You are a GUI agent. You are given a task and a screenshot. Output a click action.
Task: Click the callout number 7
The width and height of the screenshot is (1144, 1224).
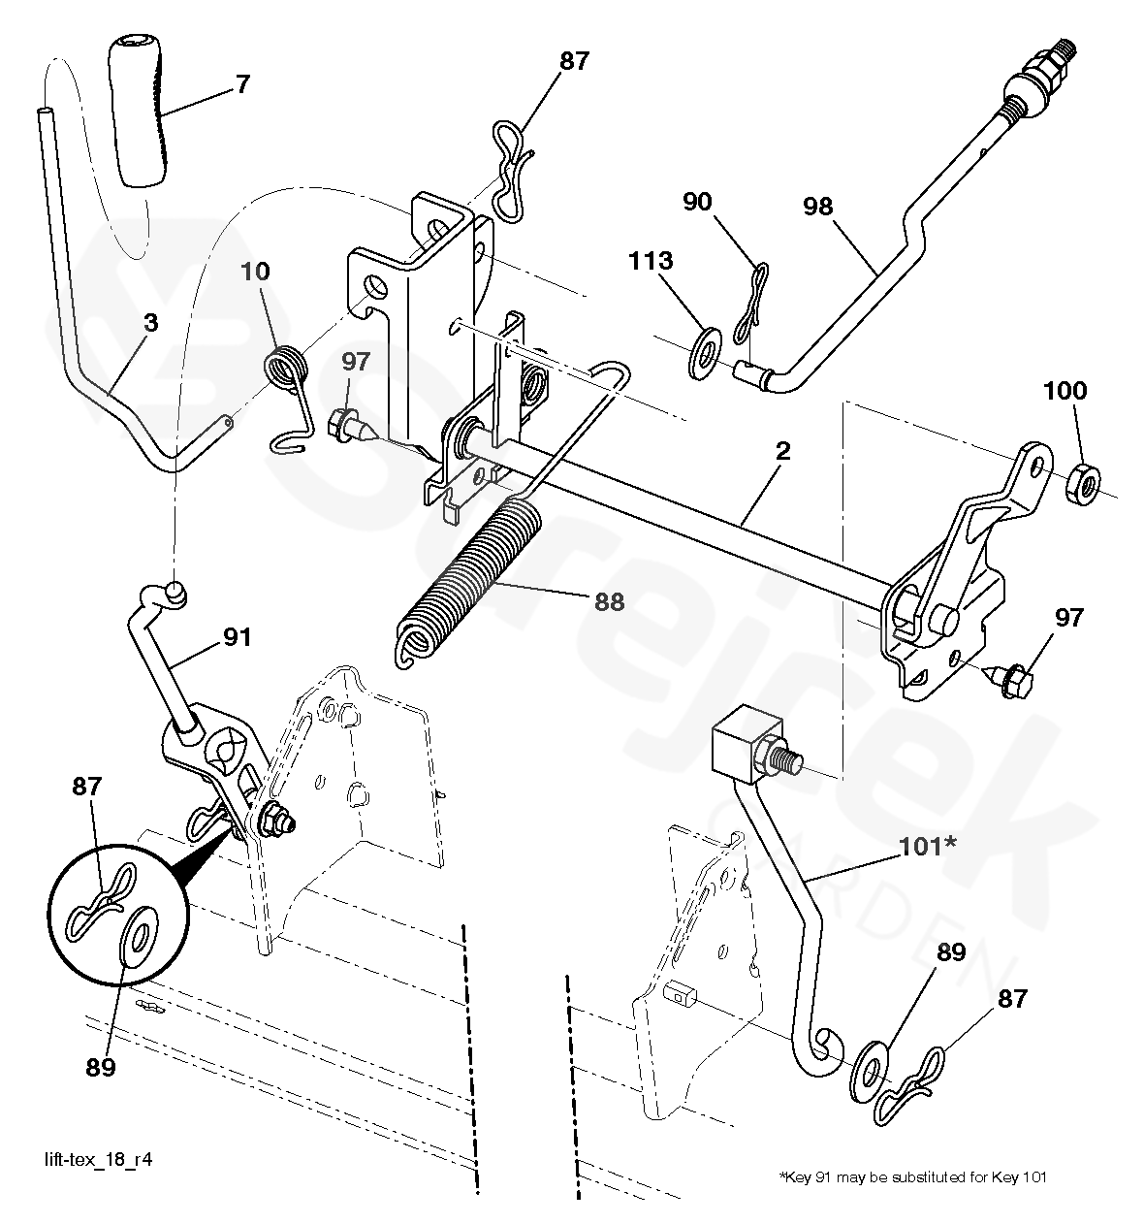(x=241, y=84)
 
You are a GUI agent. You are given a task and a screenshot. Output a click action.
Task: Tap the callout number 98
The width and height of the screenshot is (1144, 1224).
(x=817, y=207)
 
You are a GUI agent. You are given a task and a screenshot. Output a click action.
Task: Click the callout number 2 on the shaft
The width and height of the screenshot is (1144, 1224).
(x=782, y=450)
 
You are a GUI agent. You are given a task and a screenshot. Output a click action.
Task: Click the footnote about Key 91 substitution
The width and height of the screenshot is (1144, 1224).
(x=912, y=1177)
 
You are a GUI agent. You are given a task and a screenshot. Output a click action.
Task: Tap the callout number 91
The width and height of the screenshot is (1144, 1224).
(x=238, y=637)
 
